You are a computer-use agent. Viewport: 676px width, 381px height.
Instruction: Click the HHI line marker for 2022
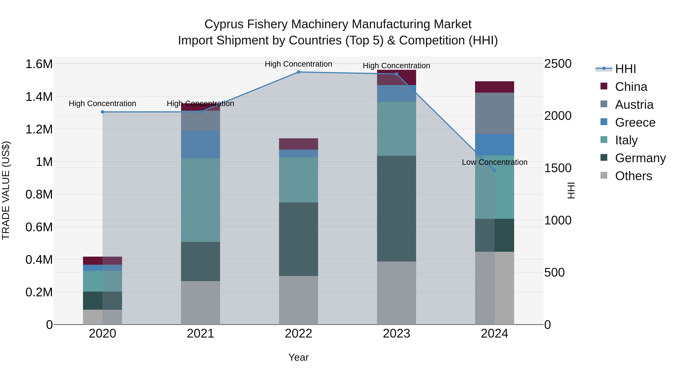298,72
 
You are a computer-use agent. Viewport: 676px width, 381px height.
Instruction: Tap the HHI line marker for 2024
494,170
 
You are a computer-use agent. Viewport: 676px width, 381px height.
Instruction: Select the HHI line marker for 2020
103,112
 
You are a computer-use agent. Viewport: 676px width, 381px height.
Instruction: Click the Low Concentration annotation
494,162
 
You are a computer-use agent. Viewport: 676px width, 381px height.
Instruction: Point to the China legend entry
631,87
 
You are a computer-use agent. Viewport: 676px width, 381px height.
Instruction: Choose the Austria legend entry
634,105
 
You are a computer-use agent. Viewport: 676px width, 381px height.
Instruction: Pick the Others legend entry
633,176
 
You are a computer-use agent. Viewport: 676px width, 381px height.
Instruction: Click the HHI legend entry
625,69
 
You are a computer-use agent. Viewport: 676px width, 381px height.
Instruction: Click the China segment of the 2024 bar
494,87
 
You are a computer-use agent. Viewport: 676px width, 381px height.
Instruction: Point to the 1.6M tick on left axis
39,64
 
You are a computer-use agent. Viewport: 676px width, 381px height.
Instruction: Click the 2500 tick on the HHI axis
558,64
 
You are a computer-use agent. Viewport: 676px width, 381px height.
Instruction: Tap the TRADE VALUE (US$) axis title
6,190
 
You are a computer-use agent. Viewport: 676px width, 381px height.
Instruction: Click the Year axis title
298,357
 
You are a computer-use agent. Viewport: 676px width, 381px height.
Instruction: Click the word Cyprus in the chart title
224,24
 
